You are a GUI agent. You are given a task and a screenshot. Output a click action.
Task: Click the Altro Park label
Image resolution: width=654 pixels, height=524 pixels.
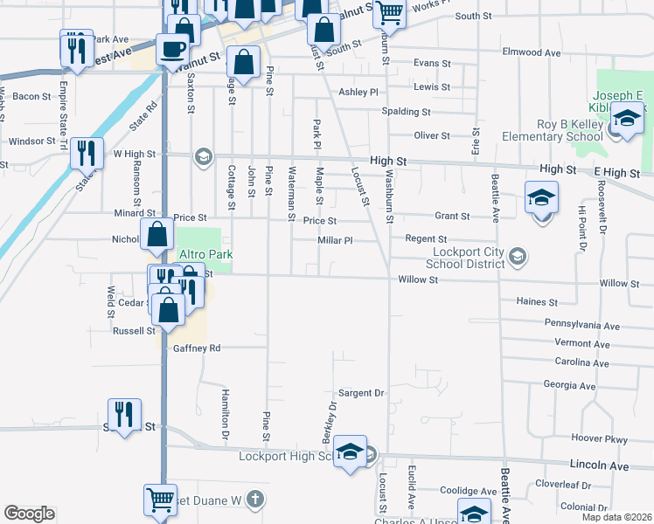[x=204, y=253]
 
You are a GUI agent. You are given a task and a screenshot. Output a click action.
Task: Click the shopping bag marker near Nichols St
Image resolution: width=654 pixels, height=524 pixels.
[x=158, y=234]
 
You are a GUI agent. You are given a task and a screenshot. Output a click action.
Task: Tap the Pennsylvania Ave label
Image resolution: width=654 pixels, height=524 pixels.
[x=581, y=325]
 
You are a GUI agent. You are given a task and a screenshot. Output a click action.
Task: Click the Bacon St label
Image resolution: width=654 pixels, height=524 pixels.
[x=32, y=96]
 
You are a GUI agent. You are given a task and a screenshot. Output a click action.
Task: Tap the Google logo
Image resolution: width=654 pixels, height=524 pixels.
[x=29, y=514]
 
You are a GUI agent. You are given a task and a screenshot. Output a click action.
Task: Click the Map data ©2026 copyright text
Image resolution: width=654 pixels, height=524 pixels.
[x=616, y=517]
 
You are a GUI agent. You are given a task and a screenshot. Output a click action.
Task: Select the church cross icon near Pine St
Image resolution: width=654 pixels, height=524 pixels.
[x=254, y=500]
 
